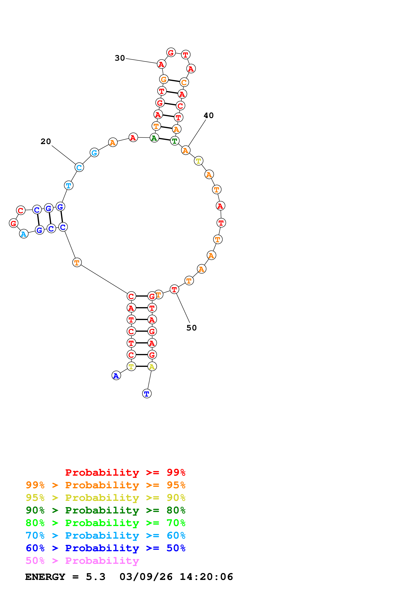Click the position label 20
click(46, 141)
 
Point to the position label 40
click(208, 116)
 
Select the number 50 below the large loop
click(191, 328)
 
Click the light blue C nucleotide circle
click(79, 167)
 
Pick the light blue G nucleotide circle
click(94, 153)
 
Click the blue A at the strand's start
click(116, 376)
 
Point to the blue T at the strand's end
click(147, 394)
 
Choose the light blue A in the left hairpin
click(24, 234)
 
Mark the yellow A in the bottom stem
click(152, 367)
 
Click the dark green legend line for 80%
click(105, 510)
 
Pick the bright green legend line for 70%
click(105, 523)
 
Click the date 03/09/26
click(146, 577)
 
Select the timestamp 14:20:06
click(206, 577)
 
